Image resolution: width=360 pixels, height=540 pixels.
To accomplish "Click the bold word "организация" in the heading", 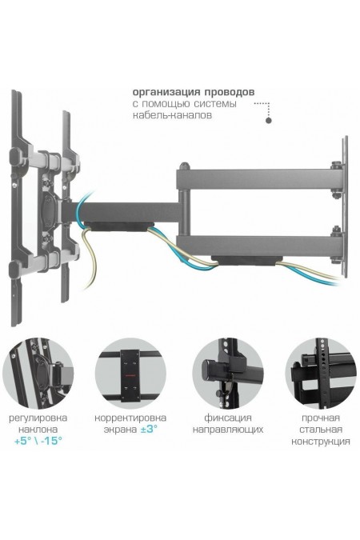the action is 166,92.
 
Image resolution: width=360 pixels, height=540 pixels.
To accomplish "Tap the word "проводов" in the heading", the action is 230,92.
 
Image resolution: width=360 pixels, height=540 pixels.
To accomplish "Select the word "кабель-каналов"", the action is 172,115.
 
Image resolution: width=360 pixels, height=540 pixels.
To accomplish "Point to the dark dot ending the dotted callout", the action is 268,120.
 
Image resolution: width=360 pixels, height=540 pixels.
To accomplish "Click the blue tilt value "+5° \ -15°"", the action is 38,441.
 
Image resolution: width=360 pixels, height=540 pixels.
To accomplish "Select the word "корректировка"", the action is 130,418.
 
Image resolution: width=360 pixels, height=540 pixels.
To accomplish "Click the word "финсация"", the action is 228,418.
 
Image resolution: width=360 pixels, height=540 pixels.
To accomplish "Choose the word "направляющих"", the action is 228,430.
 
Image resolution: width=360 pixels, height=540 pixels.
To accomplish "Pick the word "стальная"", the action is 321,430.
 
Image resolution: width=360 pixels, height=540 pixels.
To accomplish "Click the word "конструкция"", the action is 321,441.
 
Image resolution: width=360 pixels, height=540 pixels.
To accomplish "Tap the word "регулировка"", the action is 38,418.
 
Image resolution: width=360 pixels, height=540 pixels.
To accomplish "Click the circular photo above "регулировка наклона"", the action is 38,374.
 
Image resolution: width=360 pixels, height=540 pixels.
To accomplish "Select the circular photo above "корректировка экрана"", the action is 130,374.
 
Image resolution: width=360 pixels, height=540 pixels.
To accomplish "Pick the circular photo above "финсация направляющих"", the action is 228,374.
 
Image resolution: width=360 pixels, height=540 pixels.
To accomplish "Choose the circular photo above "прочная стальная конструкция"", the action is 321,374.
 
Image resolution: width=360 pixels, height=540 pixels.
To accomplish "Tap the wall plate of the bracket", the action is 344,206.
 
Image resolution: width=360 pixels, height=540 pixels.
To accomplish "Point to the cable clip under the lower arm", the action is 246,260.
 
